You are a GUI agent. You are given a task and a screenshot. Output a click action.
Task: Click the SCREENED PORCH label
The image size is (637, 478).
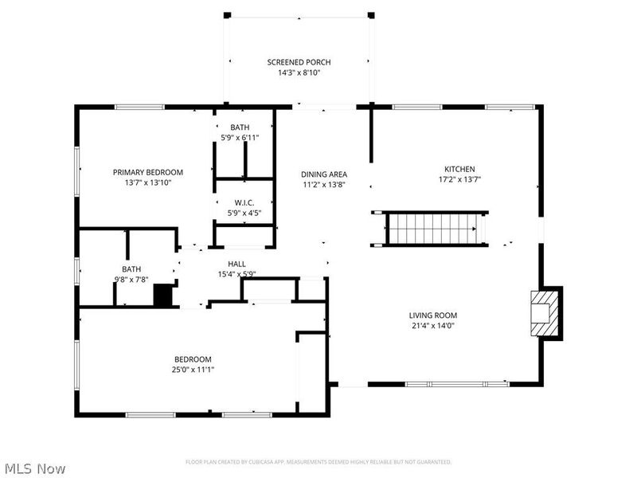click(299, 62)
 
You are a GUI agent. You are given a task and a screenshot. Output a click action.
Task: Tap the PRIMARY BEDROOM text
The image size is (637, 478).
click(147, 172)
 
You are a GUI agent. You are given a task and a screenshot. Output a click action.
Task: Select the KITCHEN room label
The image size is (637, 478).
click(459, 169)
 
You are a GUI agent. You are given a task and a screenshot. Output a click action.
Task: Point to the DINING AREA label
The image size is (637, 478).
click(323, 174)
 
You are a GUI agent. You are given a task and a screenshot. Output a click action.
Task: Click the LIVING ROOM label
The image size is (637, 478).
click(433, 315)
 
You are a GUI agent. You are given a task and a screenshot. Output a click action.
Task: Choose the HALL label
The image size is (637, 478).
click(236, 264)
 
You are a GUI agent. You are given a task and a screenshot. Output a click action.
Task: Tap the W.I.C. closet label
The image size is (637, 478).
click(244, 203)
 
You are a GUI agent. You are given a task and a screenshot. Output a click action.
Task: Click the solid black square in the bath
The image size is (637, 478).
click(163, 296)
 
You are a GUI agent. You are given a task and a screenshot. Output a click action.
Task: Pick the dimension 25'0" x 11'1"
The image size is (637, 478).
click(193, 369)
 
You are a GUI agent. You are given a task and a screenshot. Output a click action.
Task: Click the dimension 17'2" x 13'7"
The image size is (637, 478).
click(459, 179)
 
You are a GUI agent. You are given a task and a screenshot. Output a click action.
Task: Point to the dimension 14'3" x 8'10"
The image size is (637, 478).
click(299, 72)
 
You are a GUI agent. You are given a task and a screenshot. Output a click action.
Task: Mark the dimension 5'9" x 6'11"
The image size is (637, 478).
click(240, 138)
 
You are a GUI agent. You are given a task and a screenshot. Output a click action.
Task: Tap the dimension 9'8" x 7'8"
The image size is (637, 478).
click(131, 279)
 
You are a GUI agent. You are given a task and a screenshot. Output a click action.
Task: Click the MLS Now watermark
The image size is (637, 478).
click(35, 468)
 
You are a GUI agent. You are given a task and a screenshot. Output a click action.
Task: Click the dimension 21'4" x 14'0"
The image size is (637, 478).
click(433, 325)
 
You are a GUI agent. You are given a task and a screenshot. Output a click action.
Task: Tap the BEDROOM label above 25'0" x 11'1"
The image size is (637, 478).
click(193, 359)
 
